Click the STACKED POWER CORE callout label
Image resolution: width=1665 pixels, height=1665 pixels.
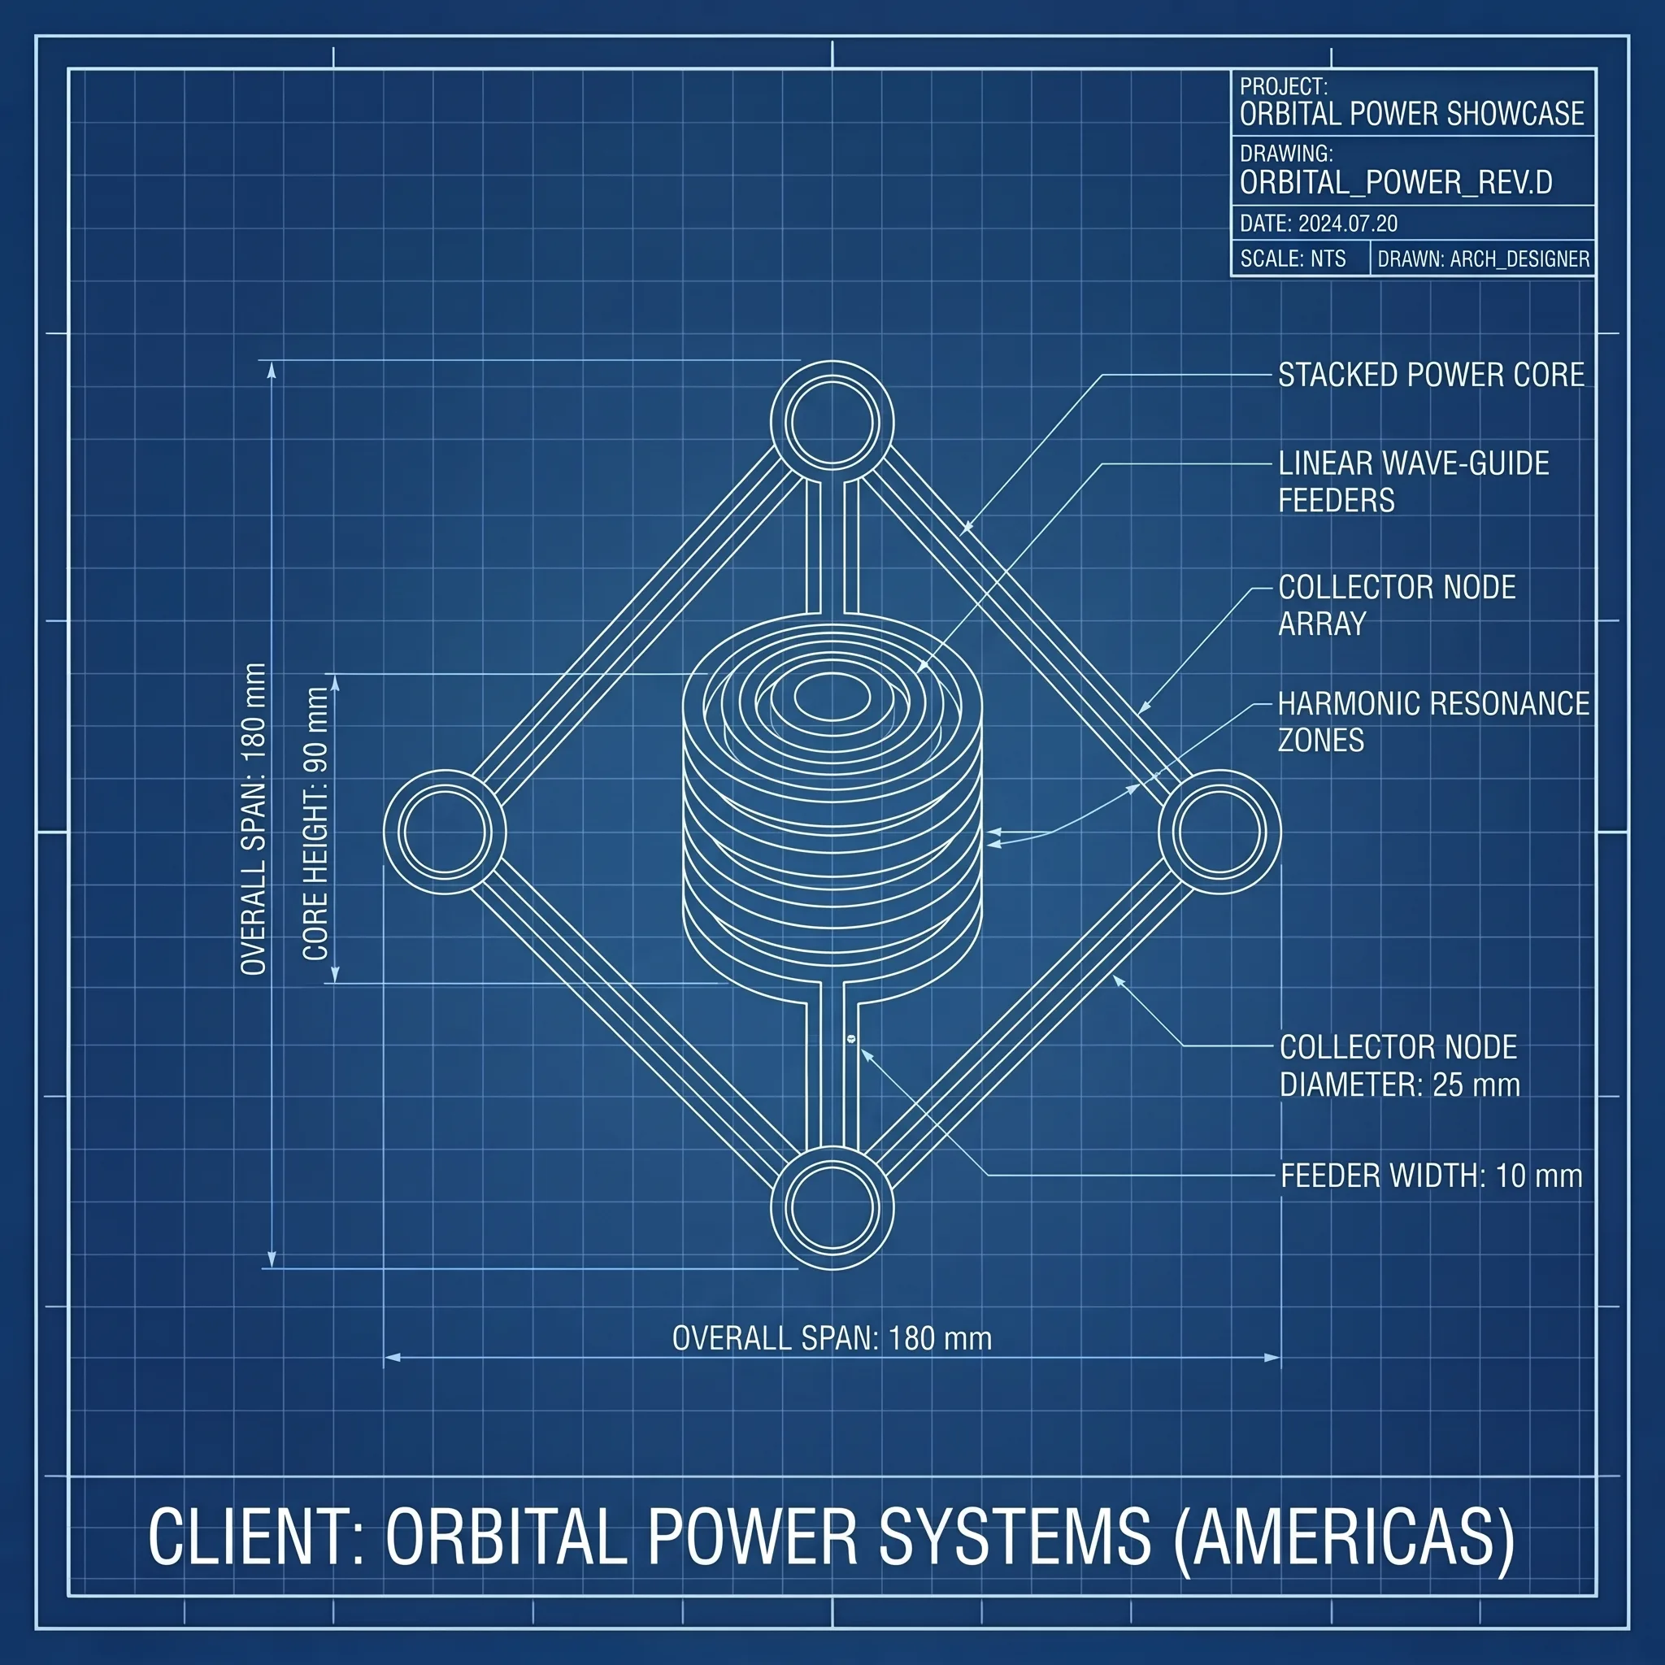pyautogui.click(x=1431, y=375)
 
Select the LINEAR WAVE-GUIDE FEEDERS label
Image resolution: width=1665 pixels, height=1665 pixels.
pyautogui.click(x=1413, y=482)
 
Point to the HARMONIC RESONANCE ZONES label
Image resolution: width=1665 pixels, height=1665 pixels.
pyautogui.click(x=1433, y=722)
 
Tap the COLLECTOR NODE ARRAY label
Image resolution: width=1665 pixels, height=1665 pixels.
pyautogui.click(x=1396, y=605)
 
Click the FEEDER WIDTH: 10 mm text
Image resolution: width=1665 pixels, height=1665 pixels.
pyautogui.click(x=1432, y=1176)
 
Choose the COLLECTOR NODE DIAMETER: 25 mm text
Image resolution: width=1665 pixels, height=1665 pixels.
pyautogui.click(x=1400, y=1066)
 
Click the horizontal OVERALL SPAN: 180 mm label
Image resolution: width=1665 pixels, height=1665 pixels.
pyautogui.click(x=832, y=1338)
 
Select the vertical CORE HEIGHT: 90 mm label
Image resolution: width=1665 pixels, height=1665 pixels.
pyautogui.click(x=315, y=823)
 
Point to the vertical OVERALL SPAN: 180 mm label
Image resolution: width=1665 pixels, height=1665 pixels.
pyautogui.click(x=254, y=819)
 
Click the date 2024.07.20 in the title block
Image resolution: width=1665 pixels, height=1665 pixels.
pyautogui.click(x=1348, y=224)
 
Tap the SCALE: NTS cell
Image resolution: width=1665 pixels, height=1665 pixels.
pyautogui.click(x=1293, y=259)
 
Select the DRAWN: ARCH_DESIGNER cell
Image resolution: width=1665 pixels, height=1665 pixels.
pyautogui.click(x=1483, y=259)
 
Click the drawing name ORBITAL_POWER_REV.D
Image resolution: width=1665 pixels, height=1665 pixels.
pyautogui.click(x=1396, y=183)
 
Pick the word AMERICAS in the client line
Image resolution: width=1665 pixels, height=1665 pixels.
pyautogui.click(x=1344, y=1537)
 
